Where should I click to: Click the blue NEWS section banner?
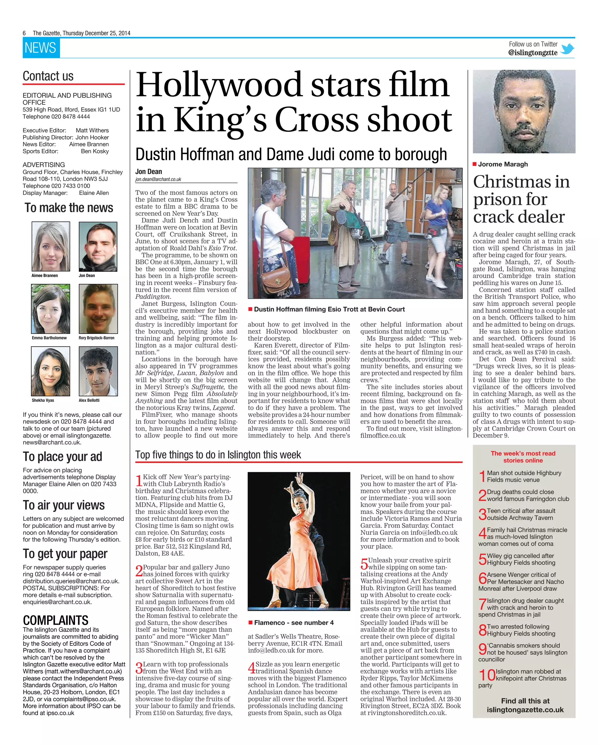click(x=41, y=48)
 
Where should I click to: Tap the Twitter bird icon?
click(x=567, y=49)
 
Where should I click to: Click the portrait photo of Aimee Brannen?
click(x=51, y=246)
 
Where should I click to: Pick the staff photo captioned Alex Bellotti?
click(x=98, y=371)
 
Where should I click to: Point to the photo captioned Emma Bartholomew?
click(x=51, y=309)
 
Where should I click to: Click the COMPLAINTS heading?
click(x=55, y=620)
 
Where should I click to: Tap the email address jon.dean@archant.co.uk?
click(x=158, y=179)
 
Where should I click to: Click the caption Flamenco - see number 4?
click(x=294, y=623)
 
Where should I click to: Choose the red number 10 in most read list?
click(x=486, y=675)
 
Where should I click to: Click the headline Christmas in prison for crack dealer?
click(x=521, y=199)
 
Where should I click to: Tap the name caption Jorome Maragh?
click(x=502, y=164)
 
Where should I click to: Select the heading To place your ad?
click(x=62, y=456)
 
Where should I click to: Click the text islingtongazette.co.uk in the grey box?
click(x=525, y=710)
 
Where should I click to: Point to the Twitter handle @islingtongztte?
click(x=532, y=53)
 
